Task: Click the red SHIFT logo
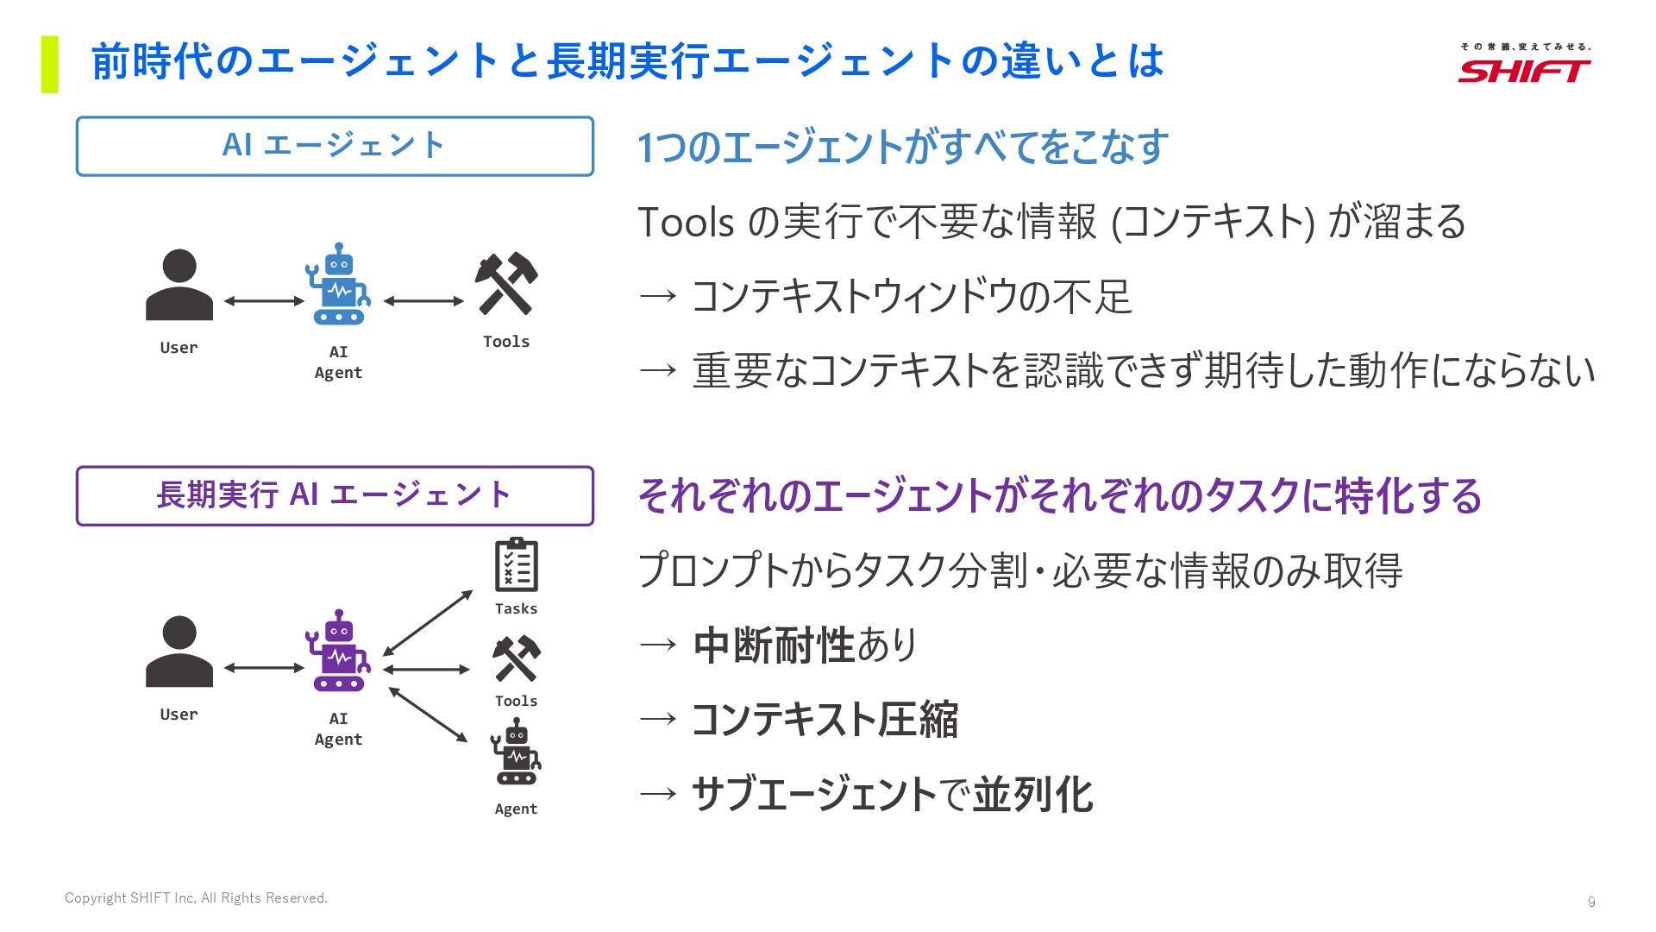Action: (x=1524, y=70)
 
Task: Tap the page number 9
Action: (x=1591, y=902)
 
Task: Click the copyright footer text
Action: (x=196, y=898)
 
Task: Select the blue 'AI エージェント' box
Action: (x=335, y=146)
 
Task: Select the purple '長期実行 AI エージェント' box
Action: (x=335, y=495)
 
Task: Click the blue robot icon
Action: (x=338, y=284)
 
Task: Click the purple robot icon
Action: (x=338, y=651)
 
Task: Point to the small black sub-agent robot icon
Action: (x=516, y=753)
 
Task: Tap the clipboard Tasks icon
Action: (x=516, y=565)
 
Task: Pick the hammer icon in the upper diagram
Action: (x=506, y=284)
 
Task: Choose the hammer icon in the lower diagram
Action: (x=516, y=659)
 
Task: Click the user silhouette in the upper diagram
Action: (x=179, y=285)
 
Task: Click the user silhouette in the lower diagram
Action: (x=179, y=652)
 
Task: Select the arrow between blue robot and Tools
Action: (x=423, y=301)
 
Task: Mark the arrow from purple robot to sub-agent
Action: (x=428, y=715)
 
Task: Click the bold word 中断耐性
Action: (x=773, y=645)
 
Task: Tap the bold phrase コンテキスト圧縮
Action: (x=825, y=720)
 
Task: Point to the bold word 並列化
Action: (x=1032, y=795)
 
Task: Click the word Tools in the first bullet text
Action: (x=686, y=222)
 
